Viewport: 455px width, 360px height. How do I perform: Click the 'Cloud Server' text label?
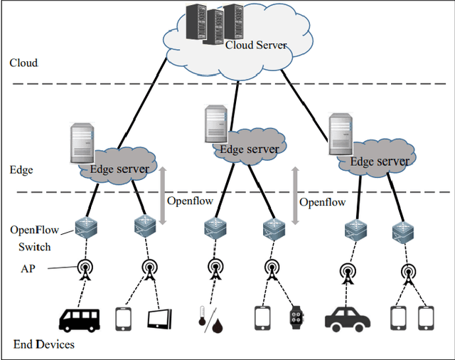[256, 45]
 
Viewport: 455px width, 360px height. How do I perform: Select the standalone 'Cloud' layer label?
[23, 63]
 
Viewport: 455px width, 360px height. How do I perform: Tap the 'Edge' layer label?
[21, 171]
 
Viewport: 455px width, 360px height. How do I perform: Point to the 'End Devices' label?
[44, 345]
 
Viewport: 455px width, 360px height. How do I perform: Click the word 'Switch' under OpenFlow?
[35, 248]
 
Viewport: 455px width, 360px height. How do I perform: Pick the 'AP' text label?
[28, 269]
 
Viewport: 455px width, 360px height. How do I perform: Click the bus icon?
[79, 319]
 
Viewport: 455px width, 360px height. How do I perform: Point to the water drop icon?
[217, 324]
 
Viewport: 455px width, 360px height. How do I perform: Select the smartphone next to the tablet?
[125, 319]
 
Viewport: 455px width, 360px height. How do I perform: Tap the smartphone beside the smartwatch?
[263, 319]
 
